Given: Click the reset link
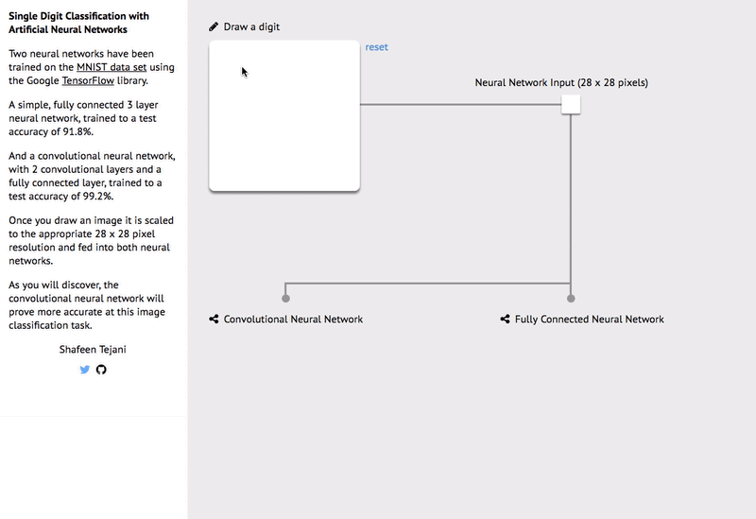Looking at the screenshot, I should (376, 47).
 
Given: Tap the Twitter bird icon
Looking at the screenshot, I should (85, 370).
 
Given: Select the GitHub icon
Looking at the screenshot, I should (101, 370).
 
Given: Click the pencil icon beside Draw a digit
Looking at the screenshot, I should (214, 26).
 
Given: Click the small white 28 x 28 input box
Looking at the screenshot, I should (571, 104).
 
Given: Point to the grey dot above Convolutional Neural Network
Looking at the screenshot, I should (285, 299).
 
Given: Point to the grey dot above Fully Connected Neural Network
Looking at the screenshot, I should (571, 299).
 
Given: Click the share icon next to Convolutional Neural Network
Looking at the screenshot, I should (214, 320).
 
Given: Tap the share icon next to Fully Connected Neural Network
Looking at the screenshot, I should (505, 320).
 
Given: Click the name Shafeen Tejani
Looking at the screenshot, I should (93, 350).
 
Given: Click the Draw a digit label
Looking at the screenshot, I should (251, 26).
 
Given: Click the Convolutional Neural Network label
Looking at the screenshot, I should (293, 320).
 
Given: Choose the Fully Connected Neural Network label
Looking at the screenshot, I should (589, 320).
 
